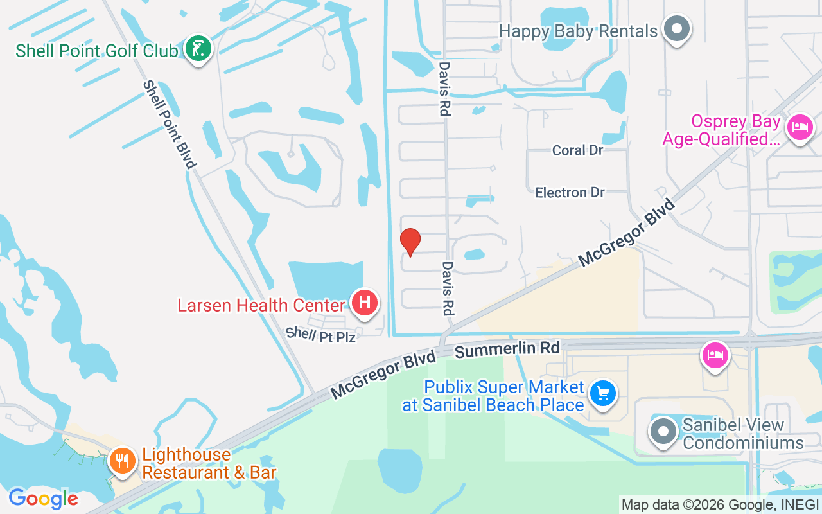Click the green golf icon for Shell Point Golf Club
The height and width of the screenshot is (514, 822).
(x=198, y=48)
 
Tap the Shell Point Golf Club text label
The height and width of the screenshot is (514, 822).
(x=96, y=51)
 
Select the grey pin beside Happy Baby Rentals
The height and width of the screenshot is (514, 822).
(x=676, y=29)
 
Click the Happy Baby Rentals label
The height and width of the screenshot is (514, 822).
(x=578, y=31)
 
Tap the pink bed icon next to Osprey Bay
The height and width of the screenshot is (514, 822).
(x=800, y=127)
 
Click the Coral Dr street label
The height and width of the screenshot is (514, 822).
(x=578, y=150)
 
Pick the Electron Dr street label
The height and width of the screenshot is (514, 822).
(x=570, y=192)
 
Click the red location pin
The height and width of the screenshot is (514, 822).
(x=410, y=242)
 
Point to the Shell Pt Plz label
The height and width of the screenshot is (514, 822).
(x=320, y=334)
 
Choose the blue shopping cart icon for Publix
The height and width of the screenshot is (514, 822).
(x=602, y=394)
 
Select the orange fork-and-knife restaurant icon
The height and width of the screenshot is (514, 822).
(x=122, y=461)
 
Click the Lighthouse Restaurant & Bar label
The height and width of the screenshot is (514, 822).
(x=209, y=463)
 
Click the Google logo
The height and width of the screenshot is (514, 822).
(x=43, y=499)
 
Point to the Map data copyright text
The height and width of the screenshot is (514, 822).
(x=719, y=504)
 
